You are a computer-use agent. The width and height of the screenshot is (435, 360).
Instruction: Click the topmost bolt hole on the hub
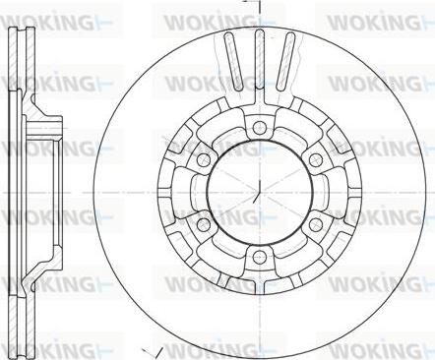click(x=260, y=126)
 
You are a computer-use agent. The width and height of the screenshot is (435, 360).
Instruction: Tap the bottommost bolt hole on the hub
click(x=260, y=256)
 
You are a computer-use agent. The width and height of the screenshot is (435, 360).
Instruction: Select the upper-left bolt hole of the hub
click(x=203, y=159)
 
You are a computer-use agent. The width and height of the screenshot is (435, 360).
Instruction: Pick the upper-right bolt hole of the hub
click(x=316, y=159)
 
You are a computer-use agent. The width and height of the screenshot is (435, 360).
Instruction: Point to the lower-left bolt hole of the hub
click(x=203, y=223)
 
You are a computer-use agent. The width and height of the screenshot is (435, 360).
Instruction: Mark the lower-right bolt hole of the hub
click(x=316, y=223)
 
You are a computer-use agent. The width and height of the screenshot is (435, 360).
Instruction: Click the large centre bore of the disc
click(x=259, y=191)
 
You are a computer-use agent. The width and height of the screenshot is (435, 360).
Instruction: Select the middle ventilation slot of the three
click(x=260, y=59)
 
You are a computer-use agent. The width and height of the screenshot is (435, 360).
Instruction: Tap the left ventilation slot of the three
click(x=233, y=61)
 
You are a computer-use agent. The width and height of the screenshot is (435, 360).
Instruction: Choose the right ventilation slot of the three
click(x=285, y=61)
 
